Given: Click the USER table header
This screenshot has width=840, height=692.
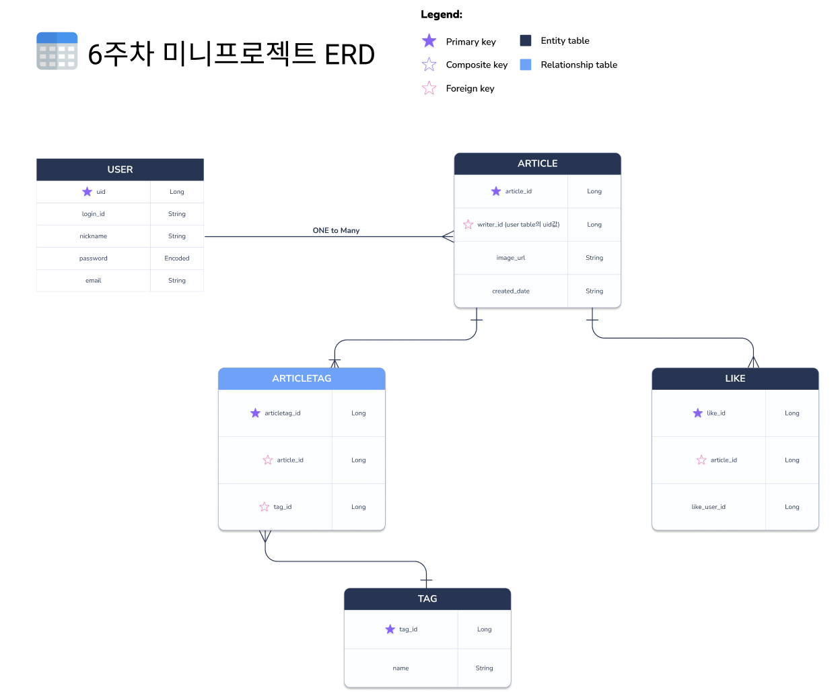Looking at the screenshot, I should [120, 170].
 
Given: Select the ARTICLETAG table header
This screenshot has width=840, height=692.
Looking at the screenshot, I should [302, 378].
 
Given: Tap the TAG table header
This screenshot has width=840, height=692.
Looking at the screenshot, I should [427, 598].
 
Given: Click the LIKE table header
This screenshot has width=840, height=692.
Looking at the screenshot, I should [735, 378].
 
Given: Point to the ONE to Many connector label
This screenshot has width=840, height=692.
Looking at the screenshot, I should [336, 230].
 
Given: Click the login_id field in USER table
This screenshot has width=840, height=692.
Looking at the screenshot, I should [93, 214].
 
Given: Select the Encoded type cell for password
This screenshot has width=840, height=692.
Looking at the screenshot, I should [177, 258].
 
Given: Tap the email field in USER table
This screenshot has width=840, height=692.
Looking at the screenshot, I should [93, 281].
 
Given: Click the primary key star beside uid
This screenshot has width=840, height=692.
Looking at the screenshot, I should [87, 192].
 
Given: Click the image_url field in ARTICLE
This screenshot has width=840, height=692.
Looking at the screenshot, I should [511, 258].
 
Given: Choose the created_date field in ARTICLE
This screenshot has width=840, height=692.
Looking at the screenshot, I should [511, 291].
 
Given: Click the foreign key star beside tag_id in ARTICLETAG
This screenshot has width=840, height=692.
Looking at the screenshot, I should [265, 507].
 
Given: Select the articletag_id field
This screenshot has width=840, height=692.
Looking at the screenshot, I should [283, 413].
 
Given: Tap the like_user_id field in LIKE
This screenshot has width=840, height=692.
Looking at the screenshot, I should [708, 507].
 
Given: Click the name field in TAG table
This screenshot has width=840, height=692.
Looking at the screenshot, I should [400, 668].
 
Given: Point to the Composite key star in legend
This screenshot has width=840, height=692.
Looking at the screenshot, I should [429, 65].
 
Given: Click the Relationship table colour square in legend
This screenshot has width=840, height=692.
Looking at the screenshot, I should [526, 65].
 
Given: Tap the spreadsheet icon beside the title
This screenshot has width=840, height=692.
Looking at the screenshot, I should [57, 51].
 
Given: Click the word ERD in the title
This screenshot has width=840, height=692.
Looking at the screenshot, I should [349, 55].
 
